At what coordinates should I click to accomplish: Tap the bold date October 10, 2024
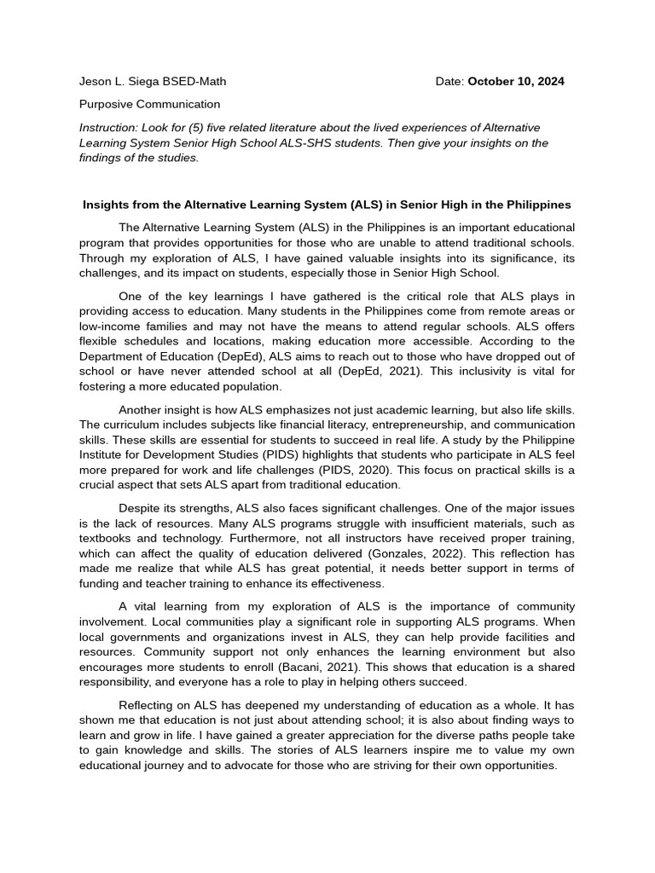pos(516,82)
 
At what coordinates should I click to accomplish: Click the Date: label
pos(449,82)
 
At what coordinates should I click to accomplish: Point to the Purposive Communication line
pos(149,104)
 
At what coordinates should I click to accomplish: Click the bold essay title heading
pos(327,205)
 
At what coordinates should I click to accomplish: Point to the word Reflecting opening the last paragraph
pos(146,705)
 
